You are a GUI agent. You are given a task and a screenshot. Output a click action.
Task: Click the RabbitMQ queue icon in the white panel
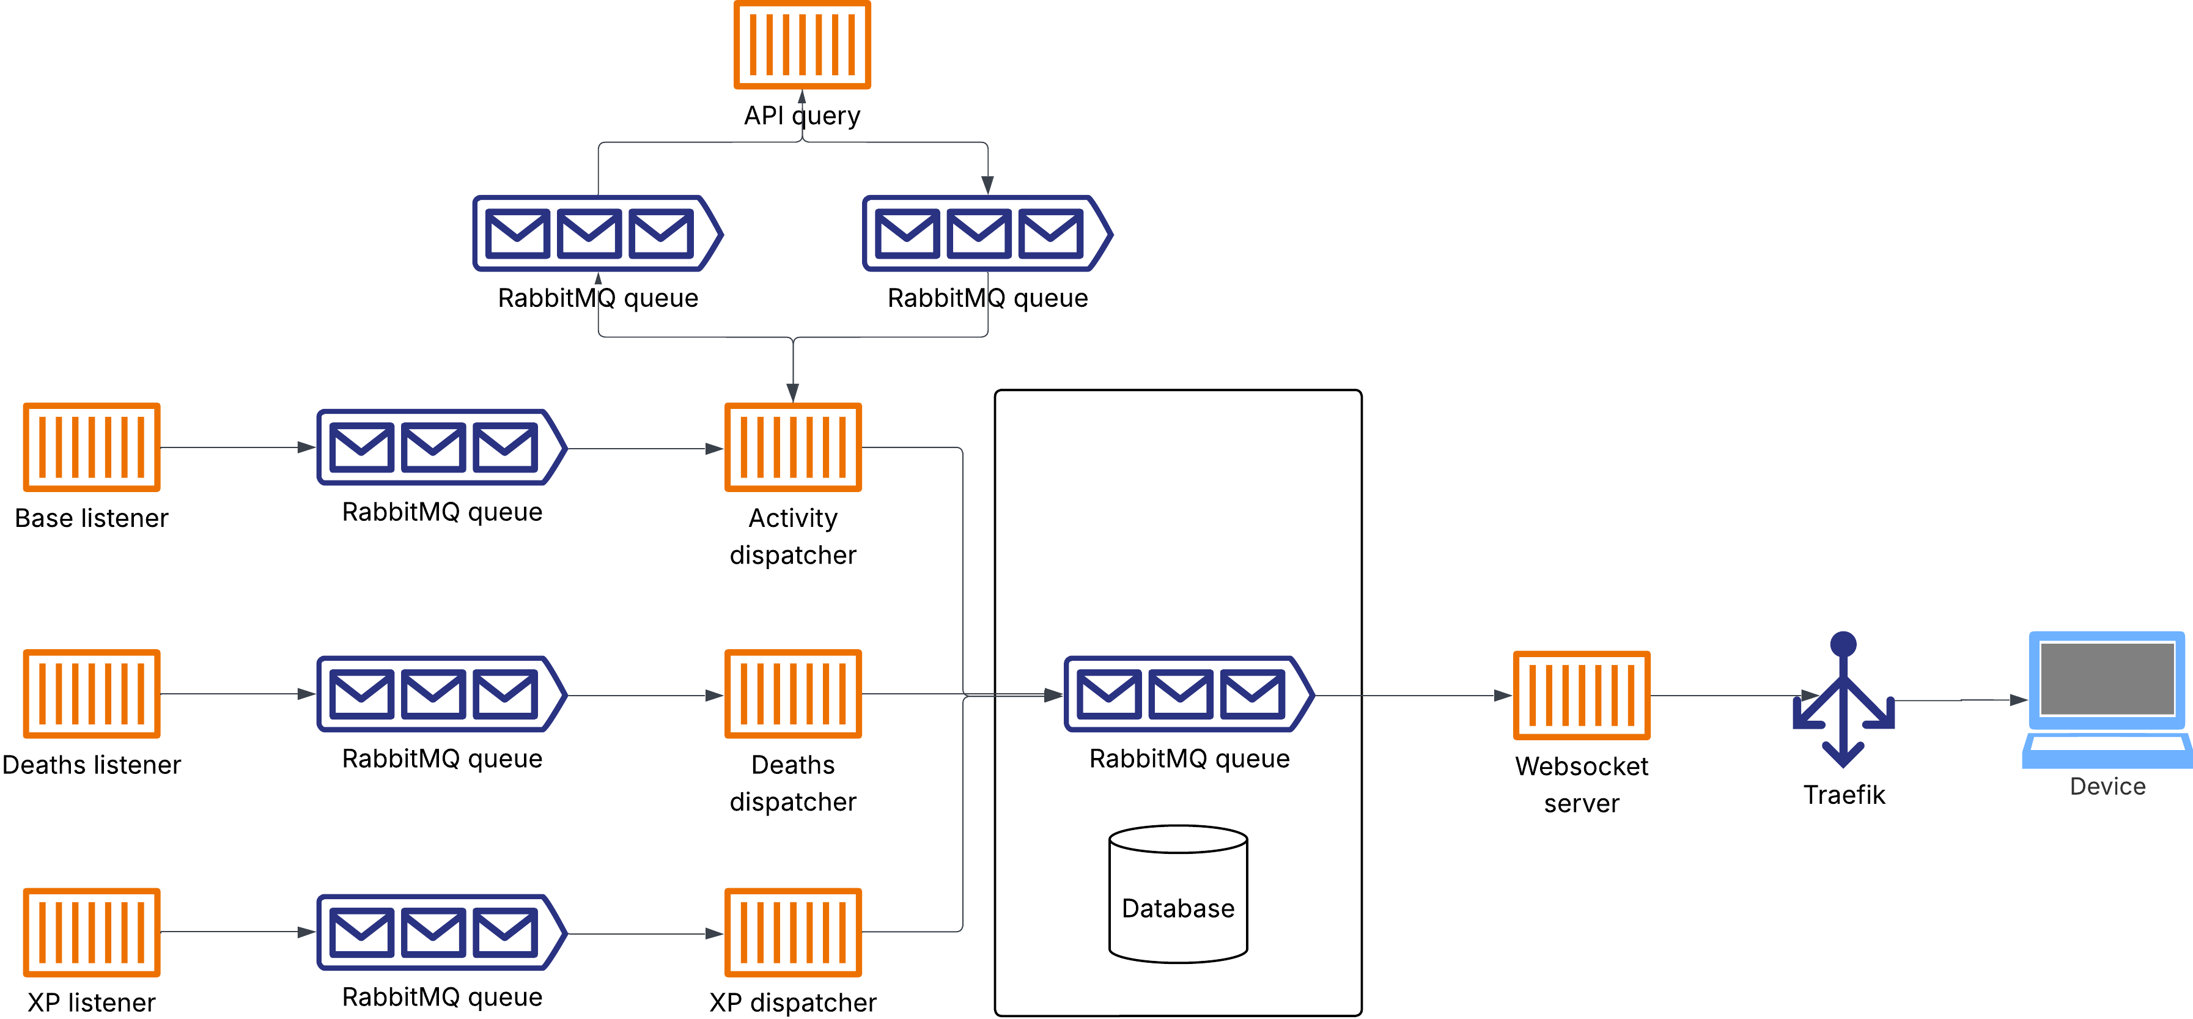click(x=1189, y=694)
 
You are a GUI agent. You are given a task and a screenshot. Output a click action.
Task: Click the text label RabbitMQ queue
click(x=1189, y=759)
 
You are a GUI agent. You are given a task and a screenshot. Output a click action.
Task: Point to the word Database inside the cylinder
click(x=1178, y=908)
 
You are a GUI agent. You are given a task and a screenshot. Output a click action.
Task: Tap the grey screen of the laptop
click(x=2107, y=678)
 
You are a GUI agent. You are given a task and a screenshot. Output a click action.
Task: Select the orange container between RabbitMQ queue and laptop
click(x=1582, y=696)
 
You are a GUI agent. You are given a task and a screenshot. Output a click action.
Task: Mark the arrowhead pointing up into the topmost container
click(x=802, y=97)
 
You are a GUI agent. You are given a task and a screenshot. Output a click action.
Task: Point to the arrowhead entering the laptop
click(x=2019, y=700)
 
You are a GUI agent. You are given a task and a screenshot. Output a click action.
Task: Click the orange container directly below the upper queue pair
click(x=792, y=447)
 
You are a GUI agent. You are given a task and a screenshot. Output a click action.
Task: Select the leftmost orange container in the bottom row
click(x=91, y=932)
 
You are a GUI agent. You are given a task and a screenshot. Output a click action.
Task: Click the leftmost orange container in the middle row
click(x=91, y=694)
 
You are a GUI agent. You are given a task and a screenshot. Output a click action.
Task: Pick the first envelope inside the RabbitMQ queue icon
click(x=1108, y=694)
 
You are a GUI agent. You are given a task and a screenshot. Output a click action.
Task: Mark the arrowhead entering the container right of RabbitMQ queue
click(x=1503, y=696)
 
